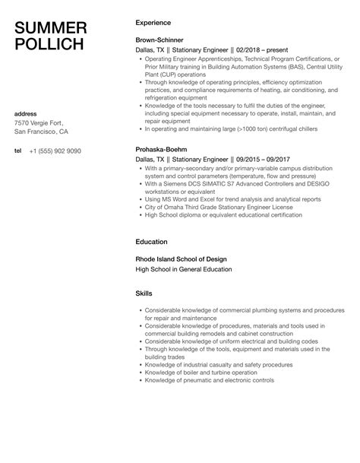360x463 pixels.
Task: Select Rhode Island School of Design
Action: click(184, 258)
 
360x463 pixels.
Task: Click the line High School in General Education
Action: click(183, 268)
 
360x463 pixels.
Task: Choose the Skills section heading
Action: click(144, 293)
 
